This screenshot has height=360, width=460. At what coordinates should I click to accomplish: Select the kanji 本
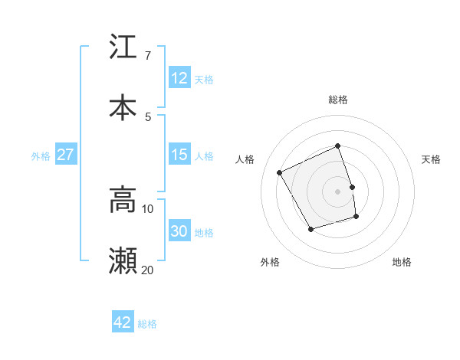tap(123, 107)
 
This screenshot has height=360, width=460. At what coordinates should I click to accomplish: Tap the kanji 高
tap(123, 200)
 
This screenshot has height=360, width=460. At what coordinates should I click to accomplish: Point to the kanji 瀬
tap(123, 261)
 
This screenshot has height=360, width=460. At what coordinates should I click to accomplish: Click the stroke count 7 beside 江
tap(147, 56)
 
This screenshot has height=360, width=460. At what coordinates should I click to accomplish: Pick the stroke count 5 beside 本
tap(147, 116)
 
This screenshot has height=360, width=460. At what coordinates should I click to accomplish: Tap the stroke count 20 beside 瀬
tap(147, 270)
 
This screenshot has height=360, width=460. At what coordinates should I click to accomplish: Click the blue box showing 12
tap(179, 78)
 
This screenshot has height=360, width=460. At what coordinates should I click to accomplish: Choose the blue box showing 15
tap(179, 155)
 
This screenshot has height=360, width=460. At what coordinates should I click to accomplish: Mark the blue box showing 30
tap(179, 231)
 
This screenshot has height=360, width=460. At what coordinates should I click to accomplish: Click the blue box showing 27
tap(65, 155)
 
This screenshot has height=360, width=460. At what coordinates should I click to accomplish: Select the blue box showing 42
tap(123, 322)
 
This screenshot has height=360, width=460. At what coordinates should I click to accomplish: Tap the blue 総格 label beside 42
tap(147, 324)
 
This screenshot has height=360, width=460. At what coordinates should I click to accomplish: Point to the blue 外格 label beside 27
tap(41, 156)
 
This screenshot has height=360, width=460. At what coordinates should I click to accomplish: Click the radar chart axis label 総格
tap(338, 100)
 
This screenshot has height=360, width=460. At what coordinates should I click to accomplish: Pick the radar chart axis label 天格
tap(431, 159)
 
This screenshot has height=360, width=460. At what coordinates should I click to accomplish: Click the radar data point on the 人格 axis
tap(280, 172)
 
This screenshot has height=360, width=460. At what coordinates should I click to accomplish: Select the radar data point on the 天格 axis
tap(352, 187)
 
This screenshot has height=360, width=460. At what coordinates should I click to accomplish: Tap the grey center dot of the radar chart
tap(338, 191)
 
